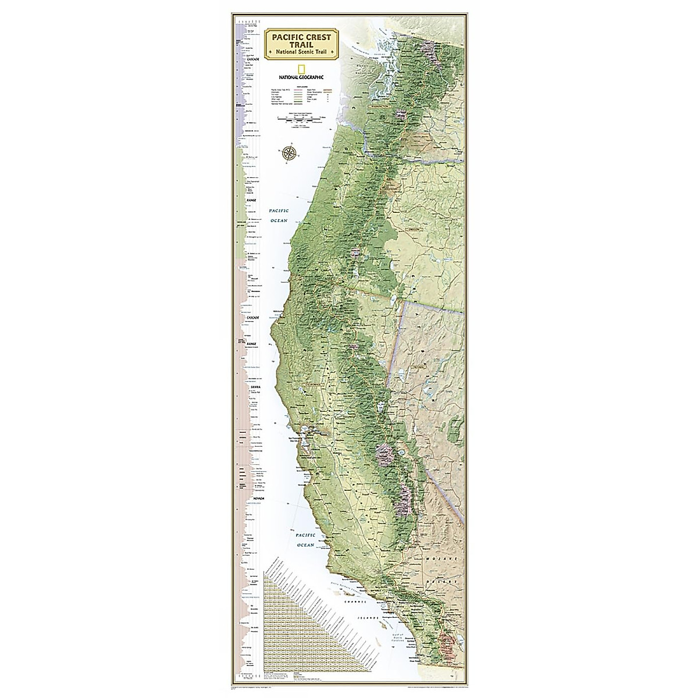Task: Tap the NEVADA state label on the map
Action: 418,368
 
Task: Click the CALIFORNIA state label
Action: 315,384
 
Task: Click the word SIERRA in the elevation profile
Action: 254,386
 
